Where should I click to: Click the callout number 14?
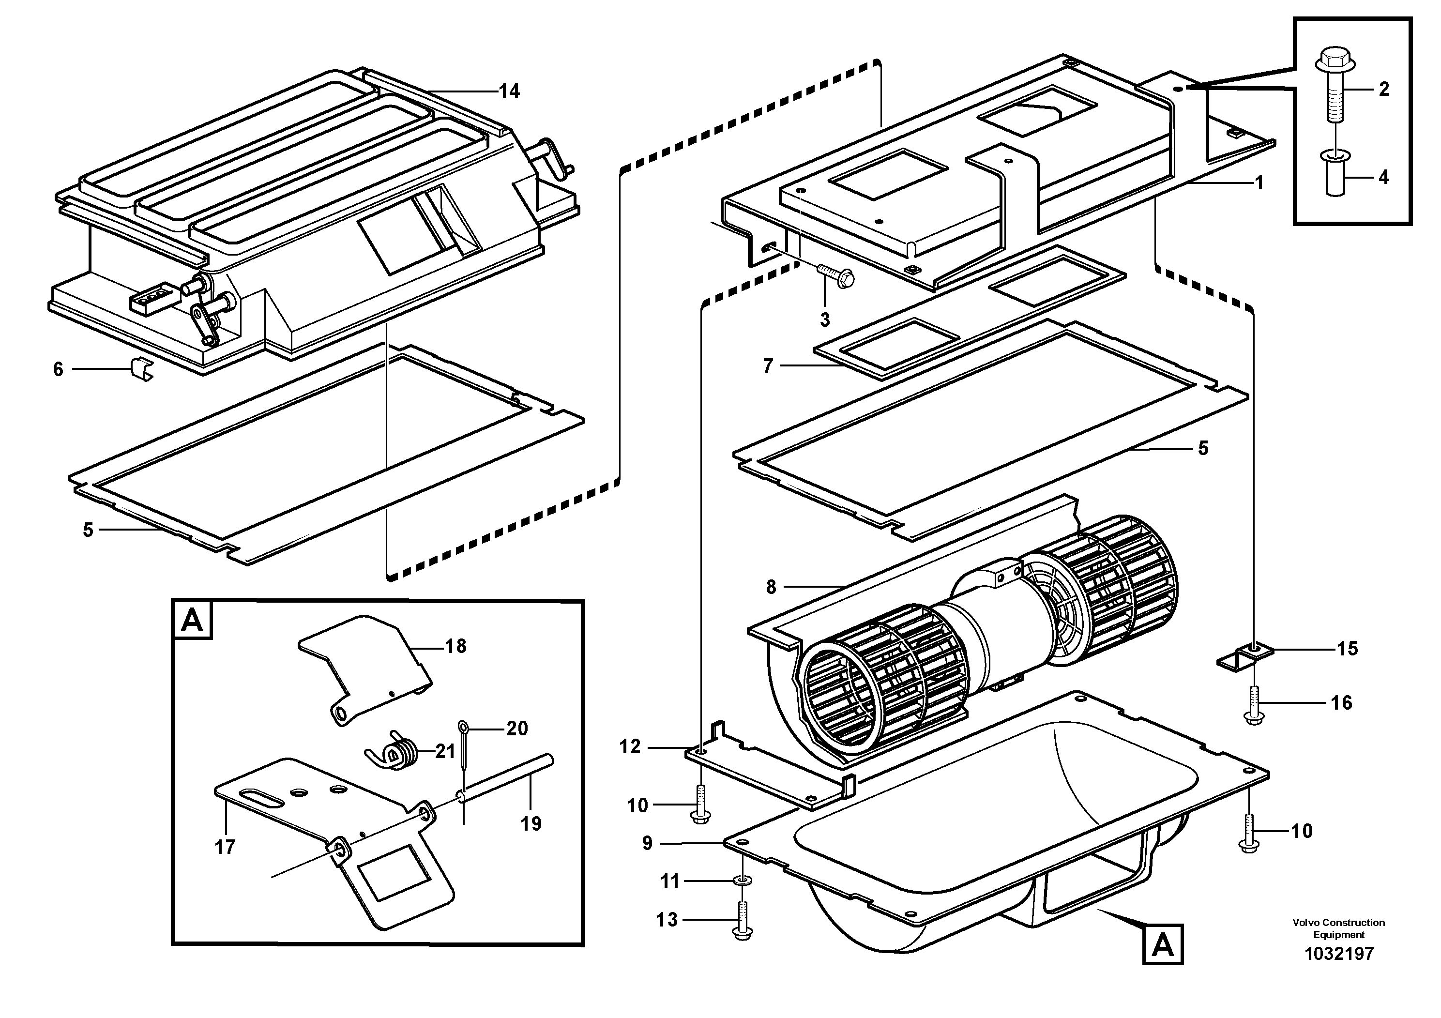pyautogui.click(x=509, y=91)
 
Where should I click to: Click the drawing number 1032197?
pyautogui.click(x=1339, y=954)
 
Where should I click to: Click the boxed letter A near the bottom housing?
pyautogui.click(x=1162, y=944)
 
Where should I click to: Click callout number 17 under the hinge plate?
pyautogui.click(x=225, y=847)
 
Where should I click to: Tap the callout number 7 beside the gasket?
pyautogui.click(x=768, y=366)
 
